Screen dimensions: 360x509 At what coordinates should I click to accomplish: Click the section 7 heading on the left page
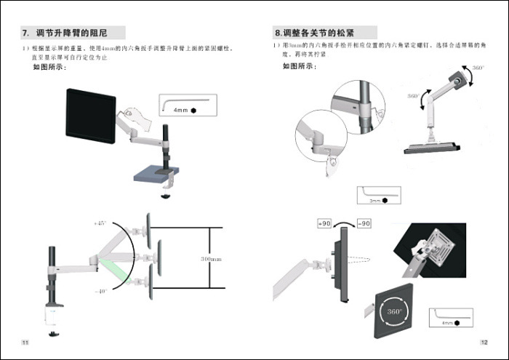tap(72, 33)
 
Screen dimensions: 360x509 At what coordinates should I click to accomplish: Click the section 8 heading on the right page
tap(324, 33)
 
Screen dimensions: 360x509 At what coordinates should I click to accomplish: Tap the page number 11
tap(25, 342)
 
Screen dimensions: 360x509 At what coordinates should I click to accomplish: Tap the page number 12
tap(484, 342)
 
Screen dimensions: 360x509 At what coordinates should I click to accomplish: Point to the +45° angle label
tap(100, 223)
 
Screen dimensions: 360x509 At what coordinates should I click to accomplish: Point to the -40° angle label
tap(100, 290)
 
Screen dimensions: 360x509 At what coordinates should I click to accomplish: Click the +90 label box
tap(324, 223)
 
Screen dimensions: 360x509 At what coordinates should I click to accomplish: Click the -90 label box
tap(363, 223)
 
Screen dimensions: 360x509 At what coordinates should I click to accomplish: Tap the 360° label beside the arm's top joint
tap(477, 68)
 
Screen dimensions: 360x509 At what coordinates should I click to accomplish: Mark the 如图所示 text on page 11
tap(49, 68)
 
